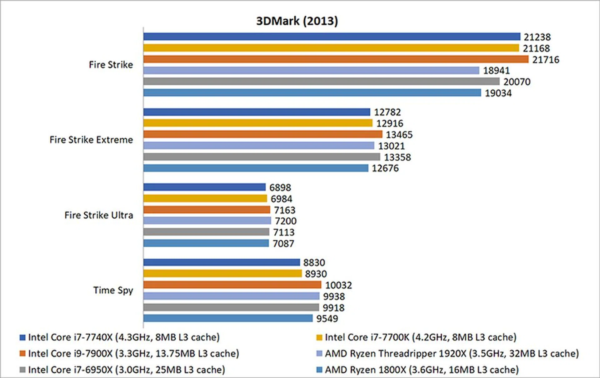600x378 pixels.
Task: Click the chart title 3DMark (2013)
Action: pos(297,21)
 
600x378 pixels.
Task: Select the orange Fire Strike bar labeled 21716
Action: pos(336,59)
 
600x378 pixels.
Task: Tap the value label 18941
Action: pos(496,71)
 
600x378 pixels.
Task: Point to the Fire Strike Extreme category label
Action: pos(91,140)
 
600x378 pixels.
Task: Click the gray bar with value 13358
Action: pos(262,157)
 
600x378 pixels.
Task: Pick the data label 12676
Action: pos(385,168)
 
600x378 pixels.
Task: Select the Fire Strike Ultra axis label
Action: pos(99,215)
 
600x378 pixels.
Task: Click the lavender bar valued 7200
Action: pos(207,221)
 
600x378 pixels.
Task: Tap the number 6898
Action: pos(280,187)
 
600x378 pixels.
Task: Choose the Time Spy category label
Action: pos(113,291)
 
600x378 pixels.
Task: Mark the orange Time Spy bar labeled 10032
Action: pos(232,285)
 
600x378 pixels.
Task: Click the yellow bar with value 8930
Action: pos(222,274)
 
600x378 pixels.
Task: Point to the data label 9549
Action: pos(327,319)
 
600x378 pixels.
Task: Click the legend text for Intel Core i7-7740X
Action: pos(124,337)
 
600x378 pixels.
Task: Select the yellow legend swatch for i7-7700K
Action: pos(319,337)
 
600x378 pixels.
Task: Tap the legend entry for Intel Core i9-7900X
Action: pos(133,354)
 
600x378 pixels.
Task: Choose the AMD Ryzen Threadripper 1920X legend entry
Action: pos(452,354)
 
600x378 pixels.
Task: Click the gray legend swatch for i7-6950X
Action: pos(22,370)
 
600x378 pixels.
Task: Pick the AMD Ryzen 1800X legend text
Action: pos(422,370)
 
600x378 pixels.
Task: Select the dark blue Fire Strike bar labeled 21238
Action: pos(332,37)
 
